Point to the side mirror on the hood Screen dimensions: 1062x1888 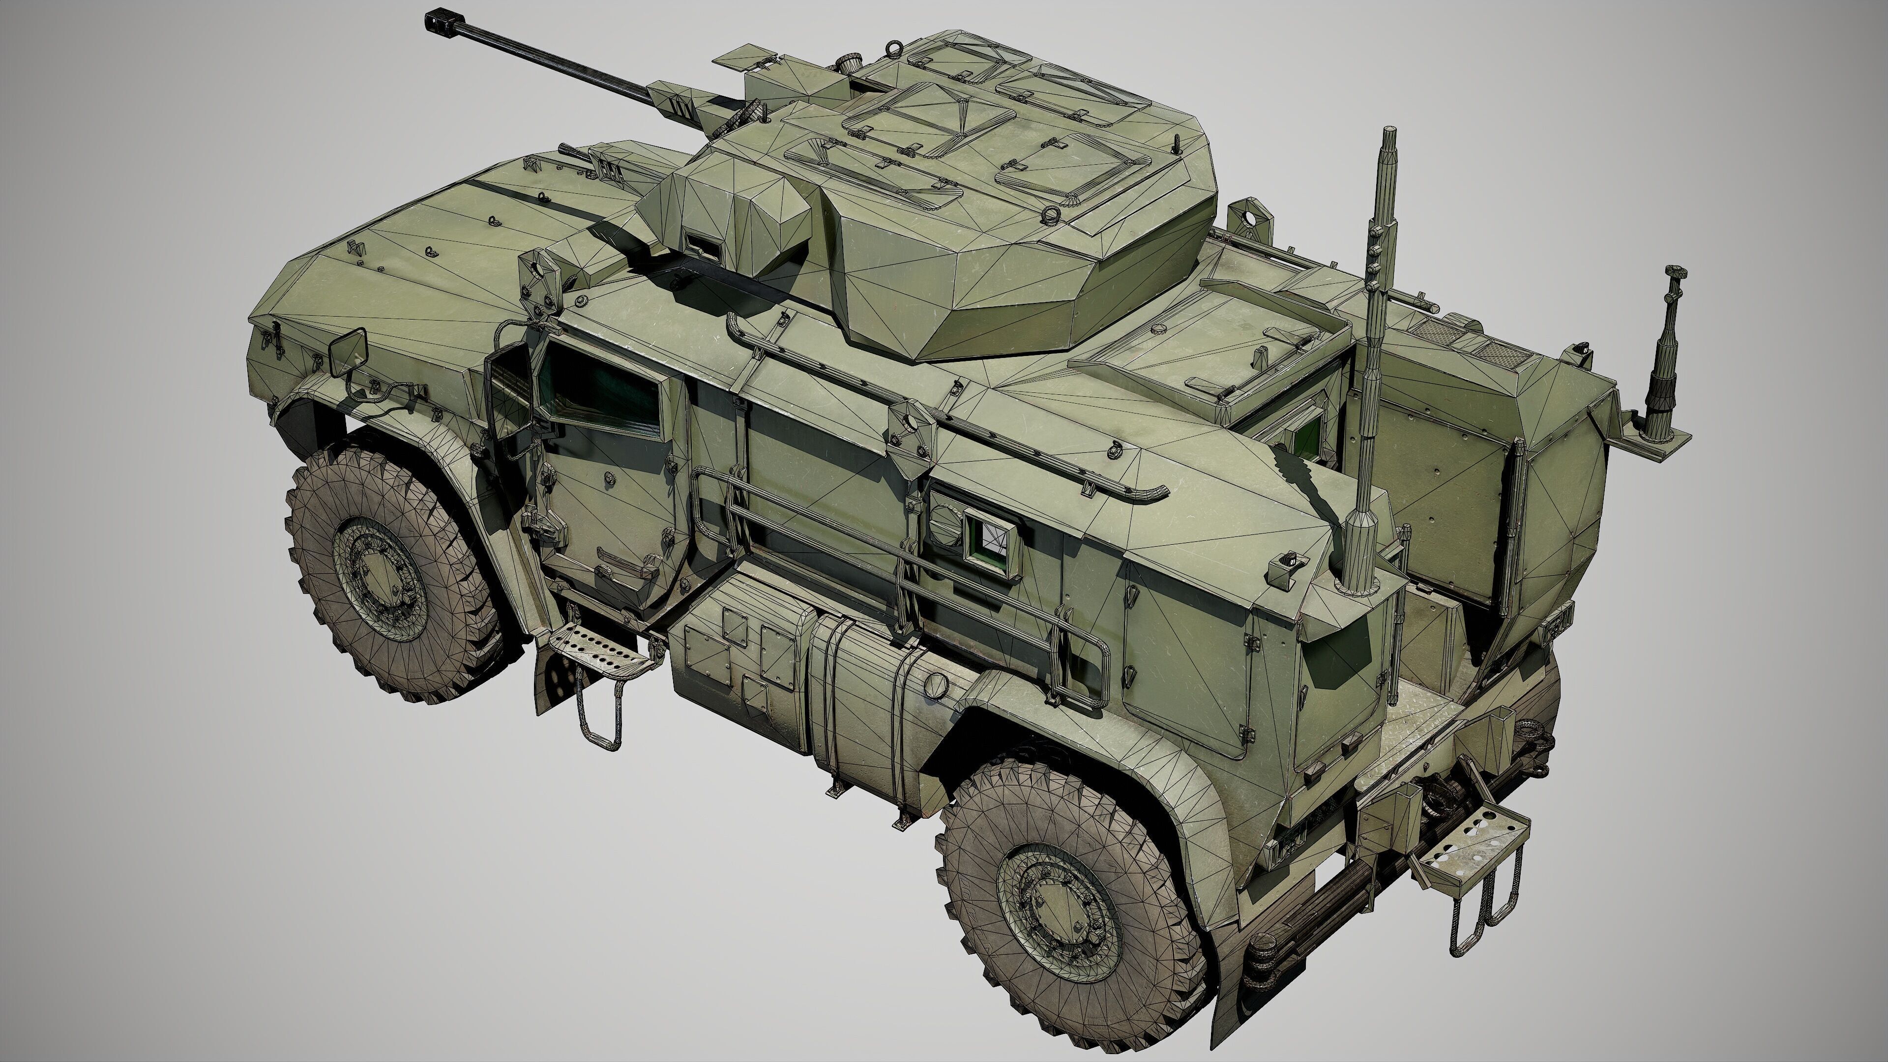click(348, 351)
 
